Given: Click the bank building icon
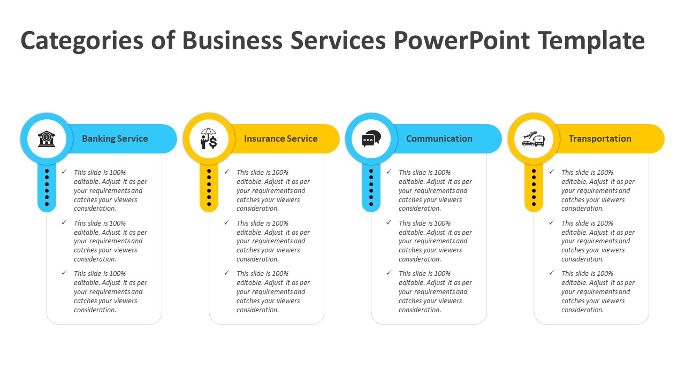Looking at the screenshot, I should pos(47,138).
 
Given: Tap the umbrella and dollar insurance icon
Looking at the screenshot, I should pos(209,138).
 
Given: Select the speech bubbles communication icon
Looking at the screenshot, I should pos(371,138).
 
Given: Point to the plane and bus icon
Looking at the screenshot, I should pos(533,138).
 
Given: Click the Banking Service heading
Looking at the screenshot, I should pos(115,138).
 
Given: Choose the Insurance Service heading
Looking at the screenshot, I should pos(281,138).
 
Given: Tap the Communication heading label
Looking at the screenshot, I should pos(439,138).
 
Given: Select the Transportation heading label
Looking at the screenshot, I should pos(600,138).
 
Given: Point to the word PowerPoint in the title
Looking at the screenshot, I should pos(462,41).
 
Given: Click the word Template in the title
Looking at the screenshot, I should pos(591,41).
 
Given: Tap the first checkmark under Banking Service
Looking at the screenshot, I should pos(64,172).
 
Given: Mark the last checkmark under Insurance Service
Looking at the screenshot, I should pos(227,273).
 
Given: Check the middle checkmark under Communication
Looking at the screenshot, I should pos(389,222).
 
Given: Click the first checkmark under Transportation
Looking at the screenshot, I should pos(552,172).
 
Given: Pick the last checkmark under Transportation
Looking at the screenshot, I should pos(552,273).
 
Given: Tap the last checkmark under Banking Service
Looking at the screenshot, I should pos(64,273).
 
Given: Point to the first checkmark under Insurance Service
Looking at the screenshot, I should pos(227,172).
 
